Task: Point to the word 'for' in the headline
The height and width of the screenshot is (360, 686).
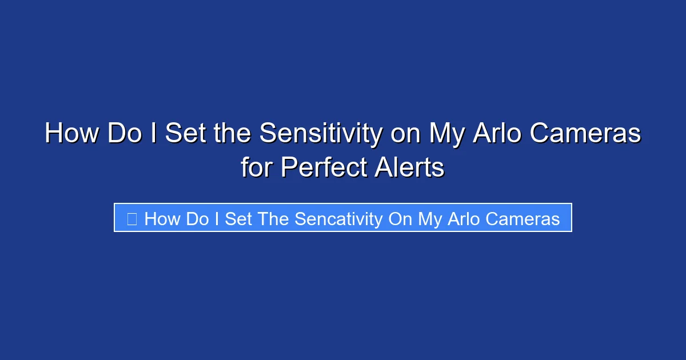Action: coord(257,168)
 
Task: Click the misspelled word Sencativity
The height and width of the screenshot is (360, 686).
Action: coord(338,219)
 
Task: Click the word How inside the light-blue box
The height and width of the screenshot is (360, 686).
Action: coord(162,219)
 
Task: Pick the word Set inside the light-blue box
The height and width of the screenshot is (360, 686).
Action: coord(237,219)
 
